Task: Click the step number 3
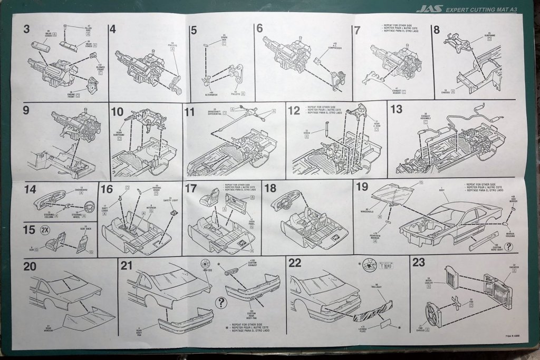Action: coord(26,29)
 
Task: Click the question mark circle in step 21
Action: coord(221,303)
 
